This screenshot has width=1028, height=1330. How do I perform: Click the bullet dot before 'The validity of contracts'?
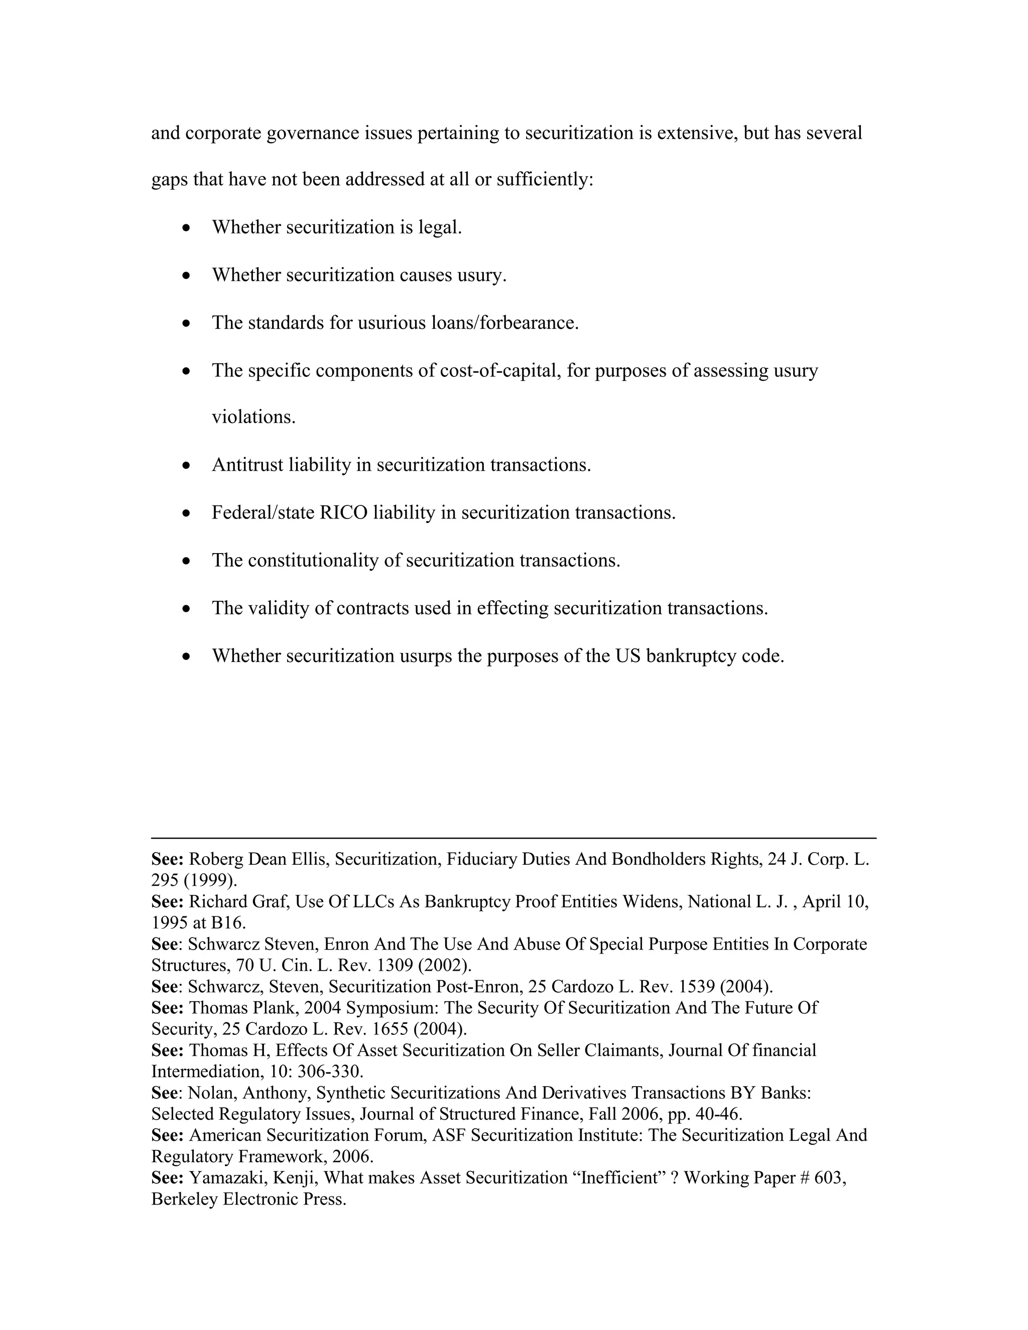pos(187,609)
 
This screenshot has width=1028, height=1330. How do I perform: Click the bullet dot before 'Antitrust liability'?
pos(187,466)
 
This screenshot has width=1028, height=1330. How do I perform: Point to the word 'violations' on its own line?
pos(252,418)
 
